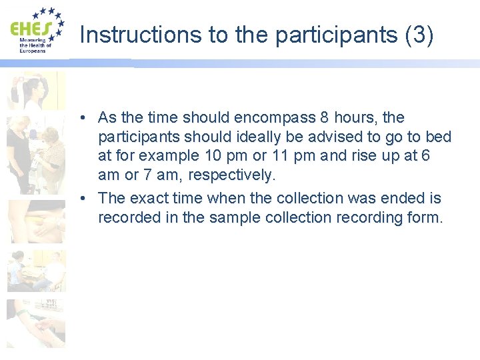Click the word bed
click(x=439, y=137)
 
